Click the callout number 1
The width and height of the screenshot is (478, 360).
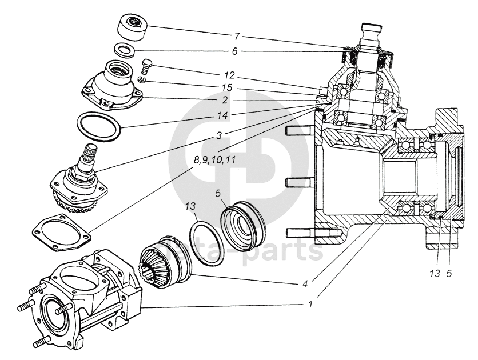pyautogui.click(x=310, y=303)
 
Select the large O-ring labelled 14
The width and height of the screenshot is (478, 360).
pyautogui.click(x=99, y=126)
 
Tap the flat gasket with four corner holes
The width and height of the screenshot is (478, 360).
pyautogui.click(x=61, y=231)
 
